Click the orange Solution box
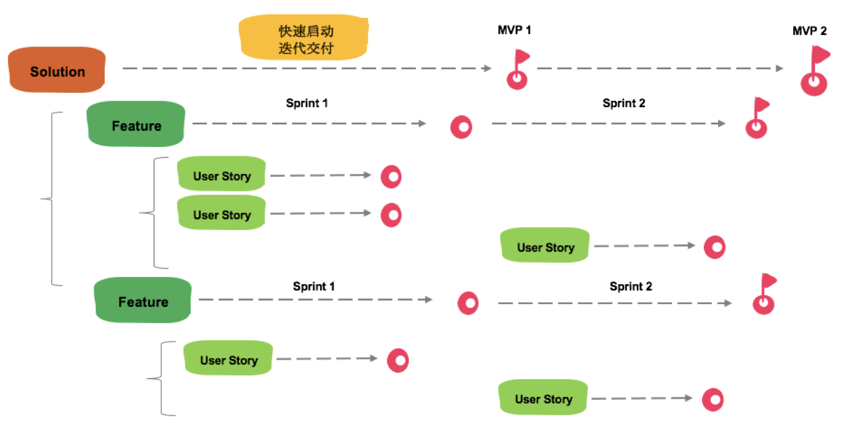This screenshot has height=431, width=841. pos(57,71)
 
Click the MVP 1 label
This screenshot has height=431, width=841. pos(514,30)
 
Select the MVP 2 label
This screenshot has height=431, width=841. pos(809,31)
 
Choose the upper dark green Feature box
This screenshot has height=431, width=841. pos(136,125)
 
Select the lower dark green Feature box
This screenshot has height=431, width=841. pos(142,301)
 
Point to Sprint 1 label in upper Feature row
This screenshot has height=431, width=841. pos(307,104)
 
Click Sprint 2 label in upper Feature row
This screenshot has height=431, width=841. pos(624,104)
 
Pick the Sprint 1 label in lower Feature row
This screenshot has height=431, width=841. pos(314,286)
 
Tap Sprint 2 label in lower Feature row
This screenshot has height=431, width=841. pos(630,286)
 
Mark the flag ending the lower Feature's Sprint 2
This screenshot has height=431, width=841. pos(764,296)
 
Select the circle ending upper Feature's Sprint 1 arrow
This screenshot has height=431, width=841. pos(461,127)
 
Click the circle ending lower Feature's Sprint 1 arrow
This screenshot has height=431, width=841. pos(468,303)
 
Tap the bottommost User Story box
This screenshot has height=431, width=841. pos(543,398)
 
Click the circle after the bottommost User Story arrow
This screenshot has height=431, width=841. pos(712,399)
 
